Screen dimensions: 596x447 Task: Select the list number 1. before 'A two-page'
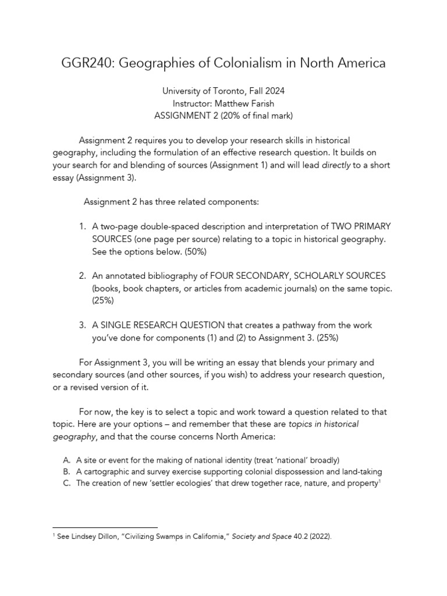click(82, 226)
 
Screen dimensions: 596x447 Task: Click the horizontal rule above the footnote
click(105, 527)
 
